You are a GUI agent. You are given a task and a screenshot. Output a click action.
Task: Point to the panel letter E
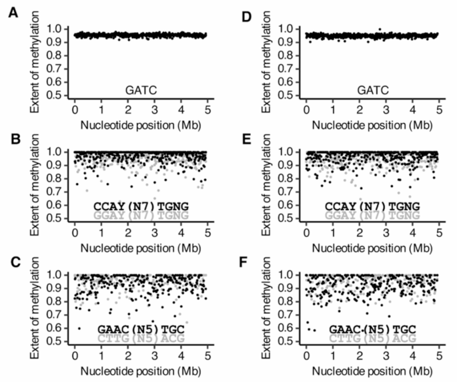[x=244, y=140]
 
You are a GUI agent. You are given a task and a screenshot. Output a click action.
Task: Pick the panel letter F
[x=244, y=262]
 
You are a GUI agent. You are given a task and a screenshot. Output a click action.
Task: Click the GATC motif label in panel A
[x=141, y=88]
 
